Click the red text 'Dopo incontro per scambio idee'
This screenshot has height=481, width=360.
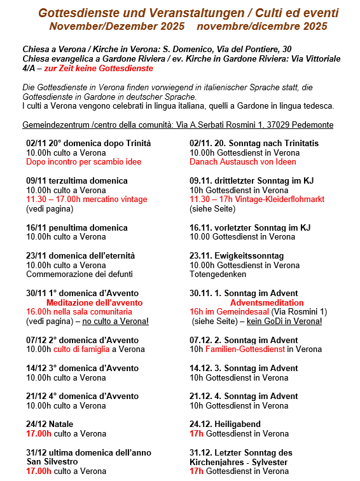(83, 162)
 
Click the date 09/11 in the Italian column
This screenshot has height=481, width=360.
(36, 180)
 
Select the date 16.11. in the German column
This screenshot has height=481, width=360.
(202, 227)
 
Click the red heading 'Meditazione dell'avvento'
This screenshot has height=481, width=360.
(94, 303)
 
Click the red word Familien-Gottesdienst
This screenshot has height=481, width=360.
(245, 349)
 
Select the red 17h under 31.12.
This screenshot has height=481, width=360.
(197, 471)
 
